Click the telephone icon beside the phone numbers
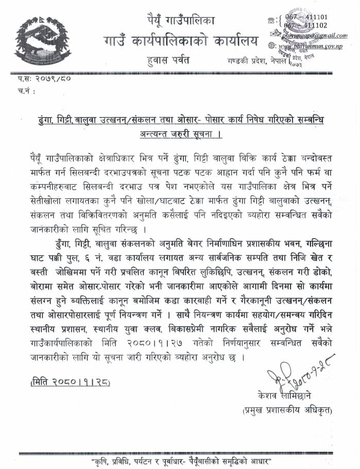pos(271,20)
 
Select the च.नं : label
pos(27,93)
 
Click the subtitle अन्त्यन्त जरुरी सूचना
pos(183,136)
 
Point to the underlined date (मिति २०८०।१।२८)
pos(71,382)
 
